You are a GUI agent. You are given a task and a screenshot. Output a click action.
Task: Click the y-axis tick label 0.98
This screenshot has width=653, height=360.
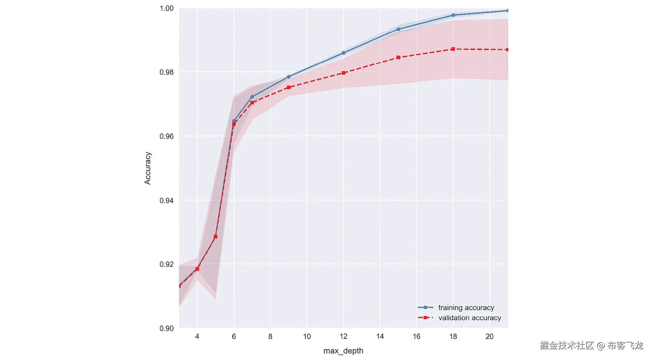(167, 72)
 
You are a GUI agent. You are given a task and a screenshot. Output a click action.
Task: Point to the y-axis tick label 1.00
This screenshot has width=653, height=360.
(167, 8)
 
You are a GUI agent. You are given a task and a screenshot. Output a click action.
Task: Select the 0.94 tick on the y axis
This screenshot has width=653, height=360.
(167, 200)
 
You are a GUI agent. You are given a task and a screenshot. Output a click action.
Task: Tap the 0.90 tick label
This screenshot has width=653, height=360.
(167, 328)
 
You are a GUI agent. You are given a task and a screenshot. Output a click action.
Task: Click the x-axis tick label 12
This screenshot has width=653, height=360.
(344, 336)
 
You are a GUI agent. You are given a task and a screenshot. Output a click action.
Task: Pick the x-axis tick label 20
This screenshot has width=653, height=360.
(489, 336)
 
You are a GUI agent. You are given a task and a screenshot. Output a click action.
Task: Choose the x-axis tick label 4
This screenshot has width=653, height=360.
(197, 336)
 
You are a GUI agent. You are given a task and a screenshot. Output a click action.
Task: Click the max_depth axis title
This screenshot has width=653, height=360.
(343, 351)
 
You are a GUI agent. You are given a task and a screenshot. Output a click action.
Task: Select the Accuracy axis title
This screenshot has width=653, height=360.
(148, 168)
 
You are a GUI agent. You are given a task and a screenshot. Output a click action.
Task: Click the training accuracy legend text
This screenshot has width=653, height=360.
(466, 307)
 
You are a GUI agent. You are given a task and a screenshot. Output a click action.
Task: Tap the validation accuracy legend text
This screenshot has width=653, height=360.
(469, 318)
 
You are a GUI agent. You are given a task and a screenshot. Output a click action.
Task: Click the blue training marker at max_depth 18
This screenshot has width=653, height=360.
(453, 15)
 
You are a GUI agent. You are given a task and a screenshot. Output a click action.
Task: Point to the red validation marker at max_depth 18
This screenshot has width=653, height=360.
(453, 49)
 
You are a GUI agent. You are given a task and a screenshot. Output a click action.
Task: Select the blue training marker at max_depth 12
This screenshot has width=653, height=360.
(344, 53)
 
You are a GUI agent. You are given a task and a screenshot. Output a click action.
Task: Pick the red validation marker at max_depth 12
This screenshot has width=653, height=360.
(344, 73)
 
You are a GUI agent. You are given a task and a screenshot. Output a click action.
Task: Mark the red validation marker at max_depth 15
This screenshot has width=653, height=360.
(398, 57)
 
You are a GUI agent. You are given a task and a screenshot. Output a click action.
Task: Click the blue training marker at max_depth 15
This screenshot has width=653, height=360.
(398, 29)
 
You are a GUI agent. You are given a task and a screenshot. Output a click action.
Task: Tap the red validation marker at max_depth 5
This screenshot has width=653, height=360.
(215, 237)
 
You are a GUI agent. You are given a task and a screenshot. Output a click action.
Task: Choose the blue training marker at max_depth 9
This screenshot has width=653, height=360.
(289, 77)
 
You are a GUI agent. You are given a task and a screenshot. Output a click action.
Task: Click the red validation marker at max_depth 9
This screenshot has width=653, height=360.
(289, 87)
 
